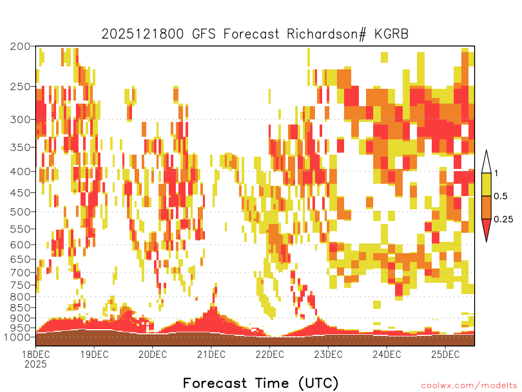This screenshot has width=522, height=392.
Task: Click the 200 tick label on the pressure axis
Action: (x=20, y=46)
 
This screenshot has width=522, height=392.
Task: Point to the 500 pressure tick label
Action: (x=20, y=212)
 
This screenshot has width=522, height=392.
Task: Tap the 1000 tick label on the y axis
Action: (x=18, y=337)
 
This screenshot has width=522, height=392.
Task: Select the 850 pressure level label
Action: (x=20, y=308)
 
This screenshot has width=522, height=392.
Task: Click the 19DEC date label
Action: (x=94, y=354)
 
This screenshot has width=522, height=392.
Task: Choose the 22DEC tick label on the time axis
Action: (x=270, y=354)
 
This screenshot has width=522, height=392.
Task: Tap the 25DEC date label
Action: (x=445, y=354)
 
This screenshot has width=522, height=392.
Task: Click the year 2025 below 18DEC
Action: (x=36, y=364)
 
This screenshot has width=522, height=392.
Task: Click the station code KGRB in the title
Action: (x=391, y=34)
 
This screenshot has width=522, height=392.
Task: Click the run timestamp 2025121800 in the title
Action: (x=143, y=34)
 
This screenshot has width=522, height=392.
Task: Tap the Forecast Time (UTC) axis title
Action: (x=260, y=383)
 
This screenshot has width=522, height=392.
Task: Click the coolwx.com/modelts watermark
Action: (x=469, y=386)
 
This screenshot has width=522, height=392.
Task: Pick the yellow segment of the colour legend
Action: (x=486, y=184)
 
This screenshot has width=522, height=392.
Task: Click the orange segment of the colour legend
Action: (x=486, y=208)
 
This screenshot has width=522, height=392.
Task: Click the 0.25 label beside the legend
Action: (x=504, y=219)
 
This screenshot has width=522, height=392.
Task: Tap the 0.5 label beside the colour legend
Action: (x=501, y=197)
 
